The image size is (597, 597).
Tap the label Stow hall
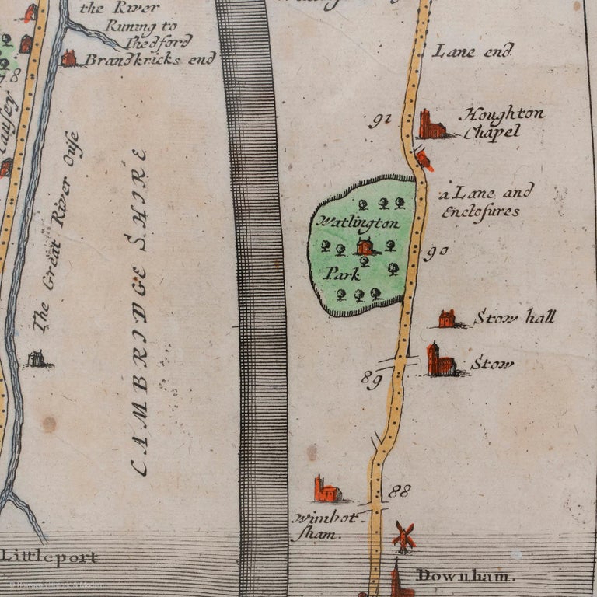tap(514, 316)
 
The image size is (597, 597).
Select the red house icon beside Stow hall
tap(447, 318)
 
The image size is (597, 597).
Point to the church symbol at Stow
tap(440, 361)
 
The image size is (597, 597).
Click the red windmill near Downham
tap(403, 536)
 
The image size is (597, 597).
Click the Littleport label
tap(50, 557)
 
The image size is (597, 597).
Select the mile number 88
tap(400, 491)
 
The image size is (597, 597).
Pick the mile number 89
tap(372, 378)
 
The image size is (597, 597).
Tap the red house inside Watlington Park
tap(364, 247)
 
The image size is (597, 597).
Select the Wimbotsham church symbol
tap(326, 490)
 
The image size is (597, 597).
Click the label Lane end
tap(473, 52)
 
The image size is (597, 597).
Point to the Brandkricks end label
tap(138, 59)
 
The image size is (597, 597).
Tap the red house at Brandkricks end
tap(69, 58)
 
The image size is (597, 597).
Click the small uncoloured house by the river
tap(37, 358)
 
